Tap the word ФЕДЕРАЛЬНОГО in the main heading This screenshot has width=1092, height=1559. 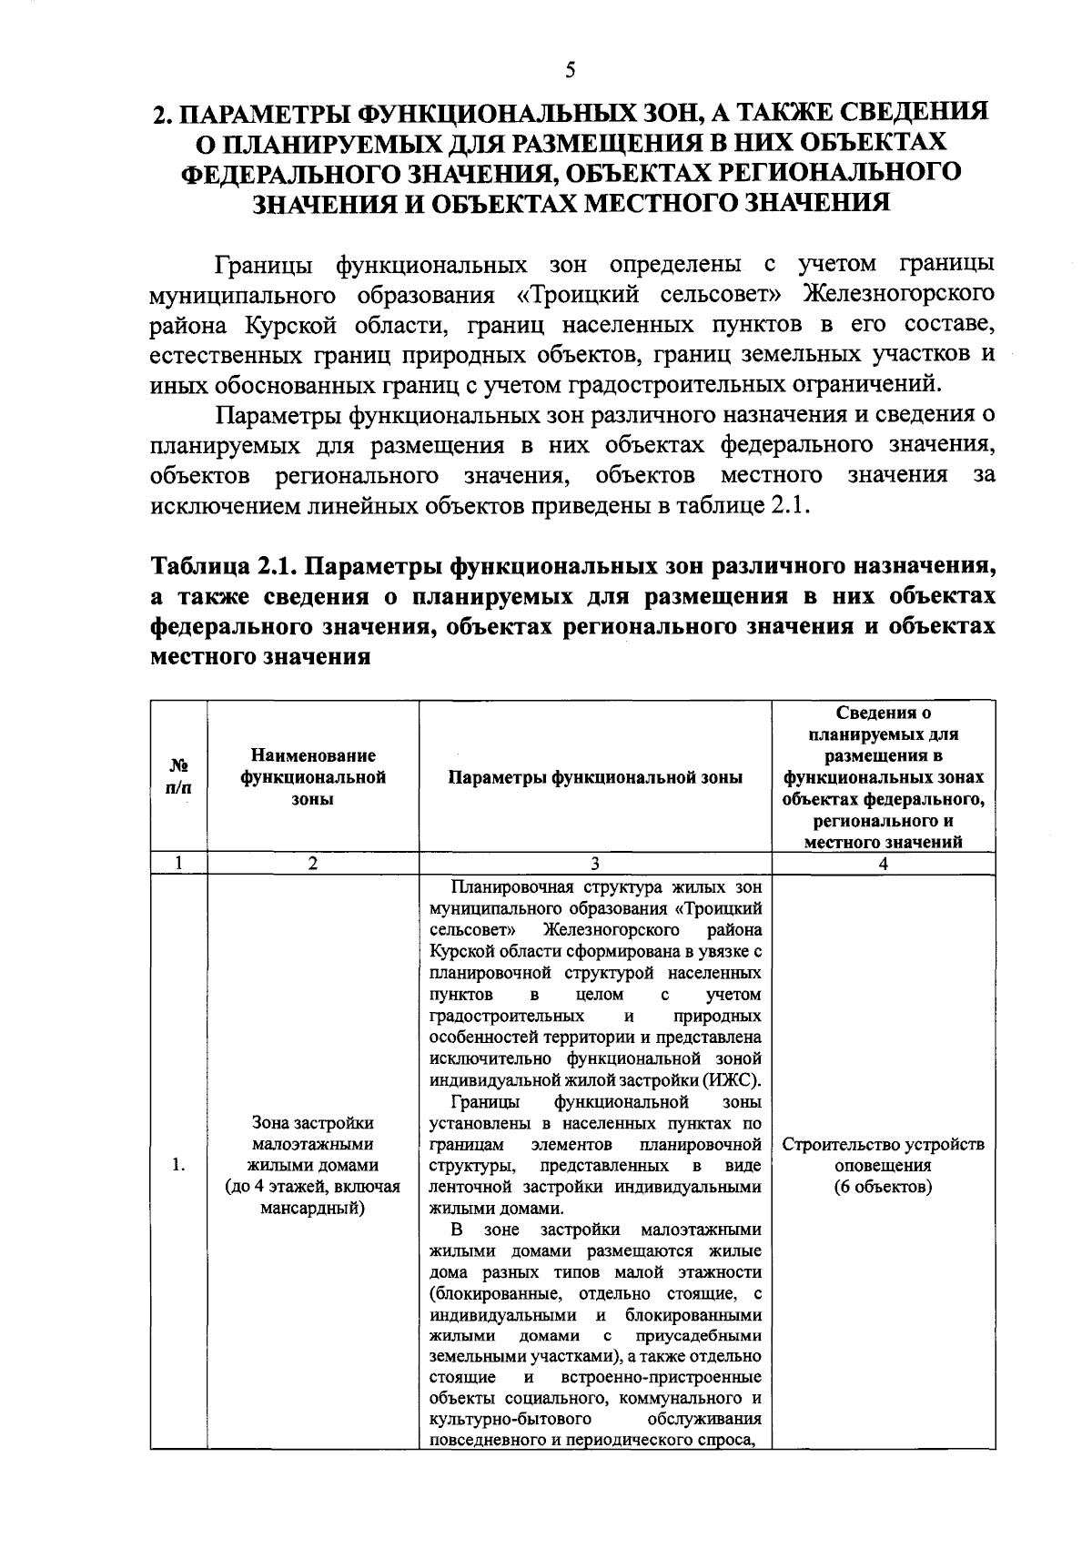tap(289, 172)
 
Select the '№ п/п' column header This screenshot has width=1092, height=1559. tap(178, 776)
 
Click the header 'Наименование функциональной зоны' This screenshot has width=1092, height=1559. tap(312, 776)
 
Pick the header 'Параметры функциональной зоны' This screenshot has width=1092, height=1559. tap(595, 776)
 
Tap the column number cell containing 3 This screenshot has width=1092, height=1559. tap(594, 864)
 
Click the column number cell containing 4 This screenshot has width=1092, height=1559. tap(883, 864)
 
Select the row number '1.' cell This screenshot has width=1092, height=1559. tap(178, 1165)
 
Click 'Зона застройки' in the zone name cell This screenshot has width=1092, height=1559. tap(312, 1122)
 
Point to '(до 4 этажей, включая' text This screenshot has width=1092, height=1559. tap(312, 1187)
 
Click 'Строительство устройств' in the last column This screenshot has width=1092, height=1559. tap(883, 1144)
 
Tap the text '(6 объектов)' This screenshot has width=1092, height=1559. tap(883, 1188)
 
